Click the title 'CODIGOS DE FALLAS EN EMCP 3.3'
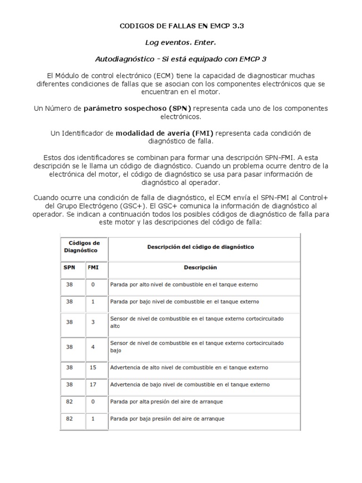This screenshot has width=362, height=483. click(181, 27)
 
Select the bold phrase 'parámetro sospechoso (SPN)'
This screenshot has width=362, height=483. click(139, 108)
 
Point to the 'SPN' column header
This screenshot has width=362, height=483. click(69, 267)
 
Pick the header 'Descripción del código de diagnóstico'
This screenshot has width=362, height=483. click(200, 247)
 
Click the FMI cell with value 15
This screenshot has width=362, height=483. click(93, 366)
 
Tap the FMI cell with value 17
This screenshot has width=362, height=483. click(93, 384)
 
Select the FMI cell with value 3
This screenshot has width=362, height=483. click(93, 322)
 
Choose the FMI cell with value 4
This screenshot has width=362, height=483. click(93, 346)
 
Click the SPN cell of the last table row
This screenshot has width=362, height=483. click(69, 418)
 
